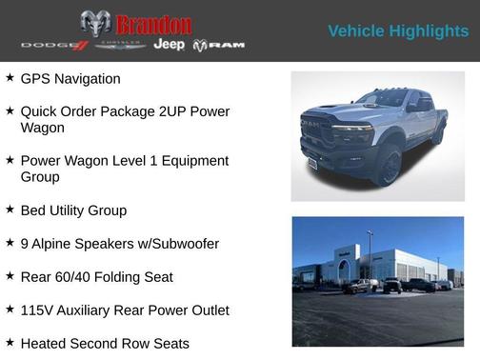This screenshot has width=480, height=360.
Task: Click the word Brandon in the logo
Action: [x=153, y=24]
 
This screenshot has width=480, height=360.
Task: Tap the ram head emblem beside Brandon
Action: [x=95, y=24]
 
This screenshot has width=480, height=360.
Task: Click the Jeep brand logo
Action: [x=169, y=45]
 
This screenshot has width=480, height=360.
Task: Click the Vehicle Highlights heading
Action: [x=398, y=31]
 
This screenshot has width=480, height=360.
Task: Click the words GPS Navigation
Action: [x=70, y=78]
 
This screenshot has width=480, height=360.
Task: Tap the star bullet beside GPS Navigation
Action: [x=10, y=77]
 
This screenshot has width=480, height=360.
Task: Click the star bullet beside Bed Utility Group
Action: [x=10, y=209]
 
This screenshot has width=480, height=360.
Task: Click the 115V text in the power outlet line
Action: [x=38, y=310]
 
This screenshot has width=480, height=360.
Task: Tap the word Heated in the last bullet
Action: [x=46, y=343]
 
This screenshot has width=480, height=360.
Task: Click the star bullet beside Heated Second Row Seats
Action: [x=10, y=342]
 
